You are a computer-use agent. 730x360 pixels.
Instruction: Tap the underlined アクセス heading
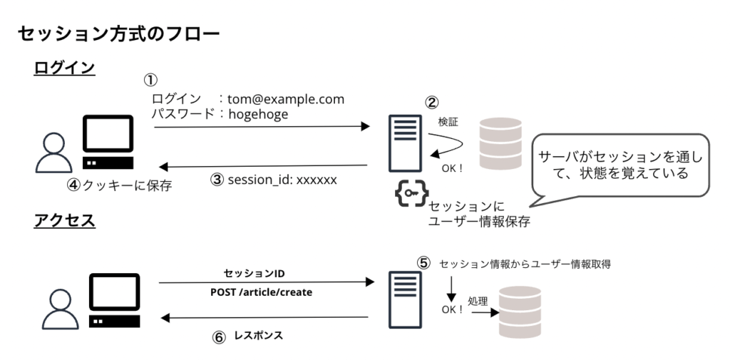click(x=64, y=220)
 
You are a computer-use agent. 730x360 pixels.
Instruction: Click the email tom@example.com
click(x=286, y=100)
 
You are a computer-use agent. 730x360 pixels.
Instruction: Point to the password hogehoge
click(x=258, y=113)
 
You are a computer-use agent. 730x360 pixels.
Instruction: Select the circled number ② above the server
click(x=431, y=102)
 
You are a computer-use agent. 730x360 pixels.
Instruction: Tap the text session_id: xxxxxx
click(x=282, y=180)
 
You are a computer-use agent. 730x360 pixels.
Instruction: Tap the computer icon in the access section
click(x=114, y=300)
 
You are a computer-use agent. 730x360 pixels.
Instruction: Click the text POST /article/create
click(x=261, y=292)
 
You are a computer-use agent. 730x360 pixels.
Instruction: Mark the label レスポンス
click(x=259, y=334)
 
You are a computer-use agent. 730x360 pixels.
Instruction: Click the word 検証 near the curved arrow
click(x=448, y=123)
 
